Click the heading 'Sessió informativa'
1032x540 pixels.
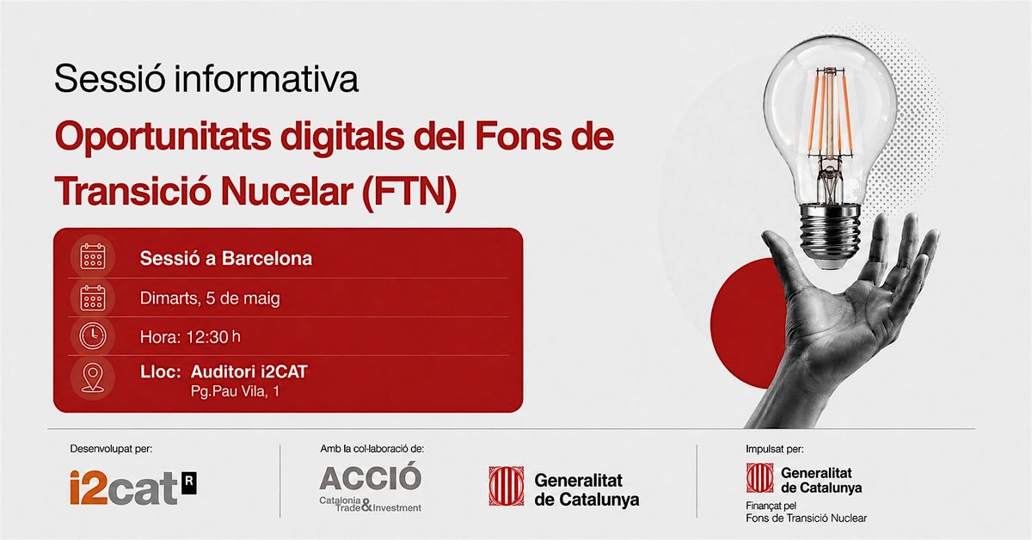point(206,78)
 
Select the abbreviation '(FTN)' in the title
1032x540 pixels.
point(409,192)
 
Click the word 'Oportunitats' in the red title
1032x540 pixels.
point(163,136)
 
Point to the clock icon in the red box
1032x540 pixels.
point(93,335)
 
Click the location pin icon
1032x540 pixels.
point(93,377)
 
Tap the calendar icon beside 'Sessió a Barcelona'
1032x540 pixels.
point(93,256)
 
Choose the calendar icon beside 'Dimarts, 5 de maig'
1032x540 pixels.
point(93,298)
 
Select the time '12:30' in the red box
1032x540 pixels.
point(207,337)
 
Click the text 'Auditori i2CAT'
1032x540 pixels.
point(249,371)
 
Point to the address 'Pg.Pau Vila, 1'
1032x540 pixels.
point(235,391)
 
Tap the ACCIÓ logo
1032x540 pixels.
point(371,488)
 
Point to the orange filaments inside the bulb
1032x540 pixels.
point(830,114)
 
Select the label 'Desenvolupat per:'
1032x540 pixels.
point(111,449)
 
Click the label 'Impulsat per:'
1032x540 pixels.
point(775,449)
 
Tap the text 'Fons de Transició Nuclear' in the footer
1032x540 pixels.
point(807,519)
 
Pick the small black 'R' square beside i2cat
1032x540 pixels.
point(189,483)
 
